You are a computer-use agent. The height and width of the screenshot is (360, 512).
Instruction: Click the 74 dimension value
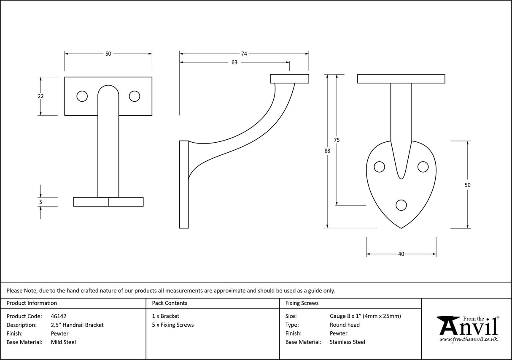[244, 54]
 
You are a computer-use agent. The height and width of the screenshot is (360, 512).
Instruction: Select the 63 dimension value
[234, 62]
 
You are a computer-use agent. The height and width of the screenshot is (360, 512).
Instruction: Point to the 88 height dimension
[327, 151]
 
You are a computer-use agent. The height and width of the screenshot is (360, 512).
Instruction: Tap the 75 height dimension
[337, 140]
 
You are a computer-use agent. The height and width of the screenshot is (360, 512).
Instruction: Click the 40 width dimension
[401, 254]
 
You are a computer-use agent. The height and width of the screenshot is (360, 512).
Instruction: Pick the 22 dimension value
[40, 96]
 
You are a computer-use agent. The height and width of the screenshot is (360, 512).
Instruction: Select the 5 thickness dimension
[40, 202]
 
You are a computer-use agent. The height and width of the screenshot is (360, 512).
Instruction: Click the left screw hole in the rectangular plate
[82, 96]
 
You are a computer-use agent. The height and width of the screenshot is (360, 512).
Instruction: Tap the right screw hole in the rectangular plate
[135, 96]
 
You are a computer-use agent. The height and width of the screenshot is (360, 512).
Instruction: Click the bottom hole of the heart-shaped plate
[402, 205]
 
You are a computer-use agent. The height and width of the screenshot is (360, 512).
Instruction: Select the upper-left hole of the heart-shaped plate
[380, 167]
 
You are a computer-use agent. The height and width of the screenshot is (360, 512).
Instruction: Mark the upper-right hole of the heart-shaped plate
[423, 167]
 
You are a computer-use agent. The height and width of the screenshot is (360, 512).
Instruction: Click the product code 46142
[58, 316]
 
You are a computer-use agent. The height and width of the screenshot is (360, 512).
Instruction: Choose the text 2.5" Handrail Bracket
[77, 325]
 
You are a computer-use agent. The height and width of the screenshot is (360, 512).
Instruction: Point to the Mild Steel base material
[63, 342]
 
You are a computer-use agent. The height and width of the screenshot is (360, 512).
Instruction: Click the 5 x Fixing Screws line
[173, 325]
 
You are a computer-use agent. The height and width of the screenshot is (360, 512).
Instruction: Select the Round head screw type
[345, 325]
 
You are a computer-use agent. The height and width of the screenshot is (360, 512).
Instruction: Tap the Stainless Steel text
[347, 342]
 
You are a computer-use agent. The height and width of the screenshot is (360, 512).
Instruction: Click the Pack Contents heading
[170, 303]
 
